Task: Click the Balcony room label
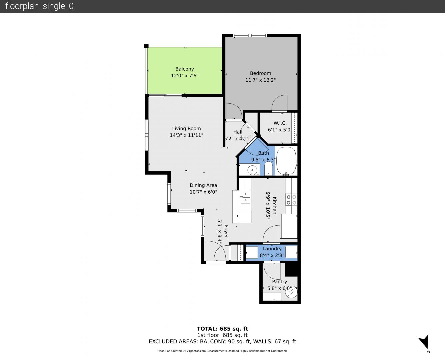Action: click(185, 69)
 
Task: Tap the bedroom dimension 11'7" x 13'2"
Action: click(260, 80)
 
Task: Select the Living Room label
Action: click(186, 128)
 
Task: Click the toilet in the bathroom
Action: click(268, 169)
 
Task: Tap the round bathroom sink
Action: click(252, 170)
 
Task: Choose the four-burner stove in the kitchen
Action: click(291, 200)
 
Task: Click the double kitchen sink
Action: click(245, 197)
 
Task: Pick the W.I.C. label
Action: click(280, 123)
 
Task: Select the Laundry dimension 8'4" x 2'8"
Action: click(272, 255)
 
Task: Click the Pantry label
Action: click(280, 282)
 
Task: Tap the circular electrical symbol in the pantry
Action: click(291, 292)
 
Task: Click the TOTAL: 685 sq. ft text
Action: click(222, 329)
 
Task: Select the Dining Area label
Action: click(203, 185)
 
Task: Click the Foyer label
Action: click(226, 231)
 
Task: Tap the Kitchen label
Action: click(275, 206)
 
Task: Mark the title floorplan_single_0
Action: click(39, 6)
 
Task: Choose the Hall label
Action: click(238, 132)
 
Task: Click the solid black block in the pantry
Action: click(291, 269)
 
